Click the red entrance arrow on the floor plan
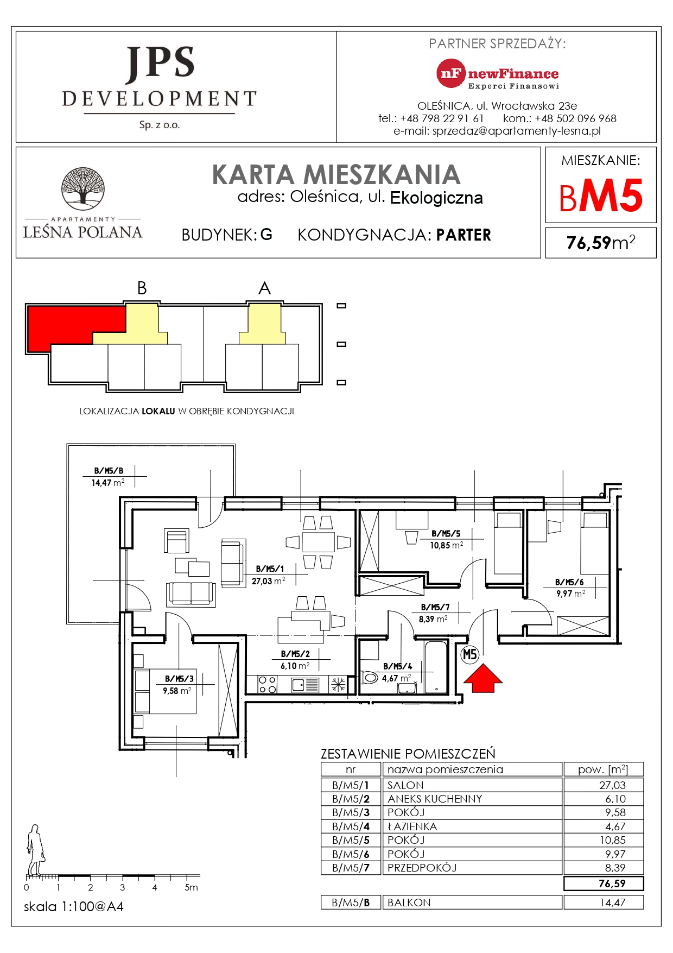tap(482, 679)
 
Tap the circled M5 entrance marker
tap(469, 654)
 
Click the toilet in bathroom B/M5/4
tap(370, 677)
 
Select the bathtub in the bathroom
tap(436, 668)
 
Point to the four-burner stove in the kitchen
tap(266, 684)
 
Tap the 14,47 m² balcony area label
tap(107, 483)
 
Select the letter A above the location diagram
tap(264, 288)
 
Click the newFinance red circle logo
tap(451, 73)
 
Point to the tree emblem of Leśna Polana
tap(82, 188)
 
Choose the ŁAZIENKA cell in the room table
tap(412, 826)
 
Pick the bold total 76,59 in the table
tap(612, 883)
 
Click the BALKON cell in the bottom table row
tap(409, 902)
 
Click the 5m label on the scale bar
tap(191, 887)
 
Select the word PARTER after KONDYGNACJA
tap(464, 235)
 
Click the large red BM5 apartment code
tap(601, 197)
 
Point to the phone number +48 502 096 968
tap(575, 118)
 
